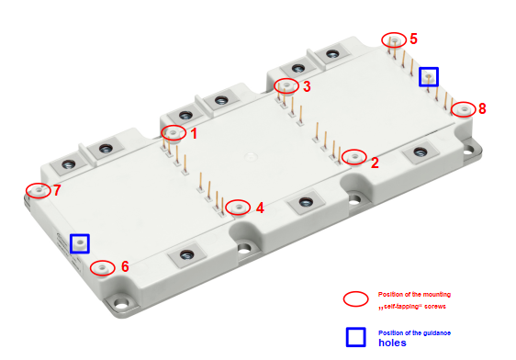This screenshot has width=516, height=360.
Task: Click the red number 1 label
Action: (x=194, y=133)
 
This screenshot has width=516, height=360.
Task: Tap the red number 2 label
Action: (x=375, y=163)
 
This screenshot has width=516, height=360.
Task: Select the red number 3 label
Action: (x=307, y=86)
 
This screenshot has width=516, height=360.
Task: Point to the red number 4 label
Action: (x=260, y=208)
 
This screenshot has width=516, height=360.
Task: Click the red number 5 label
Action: (x=414, y=39)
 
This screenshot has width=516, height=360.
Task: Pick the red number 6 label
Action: (x=125, y=266)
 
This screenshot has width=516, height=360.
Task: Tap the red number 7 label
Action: (x=57, y=190)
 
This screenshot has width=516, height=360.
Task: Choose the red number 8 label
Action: (x=482, y=108)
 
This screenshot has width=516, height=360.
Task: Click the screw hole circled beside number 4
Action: (x=239, y=208)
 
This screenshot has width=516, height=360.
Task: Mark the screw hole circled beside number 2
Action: (x=354, y=157)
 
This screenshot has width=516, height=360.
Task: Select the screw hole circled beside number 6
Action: (x=103, y=267)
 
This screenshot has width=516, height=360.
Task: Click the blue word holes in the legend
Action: (x=392, y=343)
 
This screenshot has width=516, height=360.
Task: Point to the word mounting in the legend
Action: (x=436, y=294)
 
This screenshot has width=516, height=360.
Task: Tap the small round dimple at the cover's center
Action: (x=251, y=157)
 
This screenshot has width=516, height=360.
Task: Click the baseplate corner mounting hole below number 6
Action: (x=122, y=302)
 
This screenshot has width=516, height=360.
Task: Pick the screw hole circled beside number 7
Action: (x=39, y=189)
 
